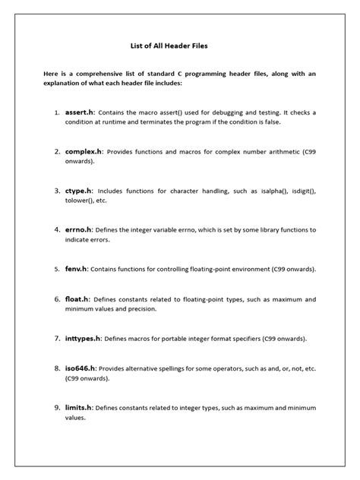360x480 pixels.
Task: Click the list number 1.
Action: pos(57,112)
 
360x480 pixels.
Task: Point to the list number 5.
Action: pos(57,268)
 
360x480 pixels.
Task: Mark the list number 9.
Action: pos(57,407)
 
